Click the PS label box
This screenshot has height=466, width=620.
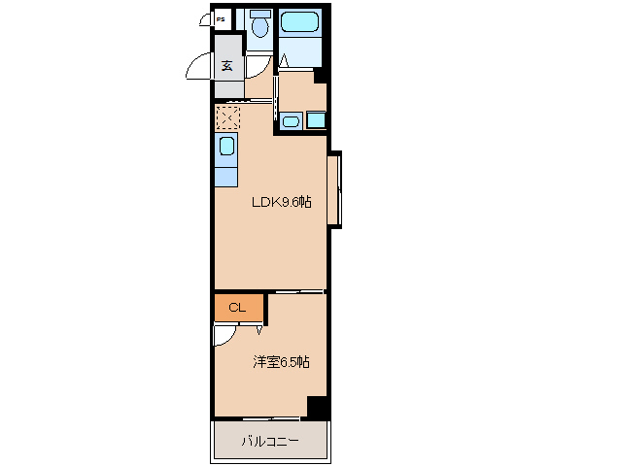pos(222,18)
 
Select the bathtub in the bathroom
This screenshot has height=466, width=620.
pos(302,23)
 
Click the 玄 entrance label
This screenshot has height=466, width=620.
pos(226,66)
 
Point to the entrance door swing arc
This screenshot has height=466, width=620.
pos(197,68)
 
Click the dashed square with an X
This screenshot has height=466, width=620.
pos(226,117)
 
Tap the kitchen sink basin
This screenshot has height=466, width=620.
pos(226,147)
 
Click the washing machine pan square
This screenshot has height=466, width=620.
pos(317,121)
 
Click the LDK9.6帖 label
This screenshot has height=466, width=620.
pos(282,203)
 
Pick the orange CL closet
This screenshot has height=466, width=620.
pos(238,308)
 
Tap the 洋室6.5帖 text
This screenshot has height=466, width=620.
pos(281,362)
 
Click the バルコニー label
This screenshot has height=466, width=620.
pos(270,443)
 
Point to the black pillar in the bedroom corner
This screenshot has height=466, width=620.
pos(317,408)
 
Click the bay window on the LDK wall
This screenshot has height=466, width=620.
pos(333,189)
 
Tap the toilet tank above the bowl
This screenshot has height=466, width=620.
pos(259,14)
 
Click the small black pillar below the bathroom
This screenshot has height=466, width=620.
pos(321,78)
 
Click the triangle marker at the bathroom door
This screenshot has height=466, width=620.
pos(284,63)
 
